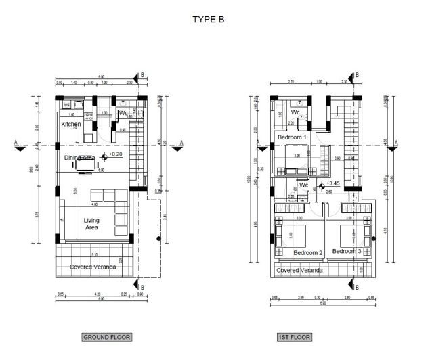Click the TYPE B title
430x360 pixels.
coord(208,20)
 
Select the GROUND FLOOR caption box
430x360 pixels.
coord(106,336)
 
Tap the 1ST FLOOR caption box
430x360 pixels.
coord(294,336)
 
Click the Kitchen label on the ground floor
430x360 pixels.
coord(71,125)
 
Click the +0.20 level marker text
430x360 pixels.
coord(115,155)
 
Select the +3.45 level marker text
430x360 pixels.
coord(332,183)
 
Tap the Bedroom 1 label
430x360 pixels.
coord(293,137)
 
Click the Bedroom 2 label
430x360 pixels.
coord(307,253)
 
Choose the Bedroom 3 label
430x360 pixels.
coord(347,251)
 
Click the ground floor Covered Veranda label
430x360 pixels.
coord(93,267)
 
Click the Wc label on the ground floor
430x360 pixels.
coord(123,113)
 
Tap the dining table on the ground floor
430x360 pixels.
coord(86,163)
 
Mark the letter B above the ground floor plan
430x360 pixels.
coord(142,76)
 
